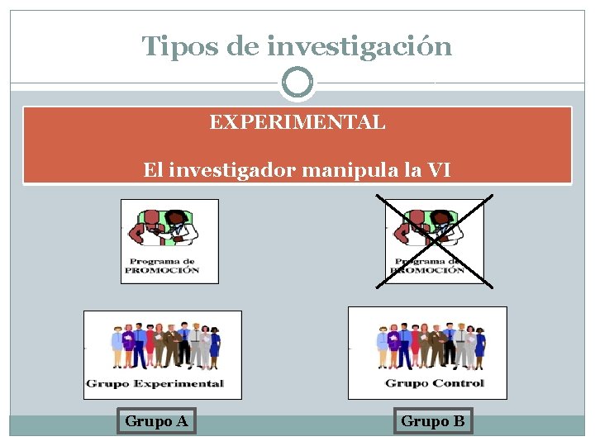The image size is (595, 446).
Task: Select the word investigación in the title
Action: click(x=359, y=46)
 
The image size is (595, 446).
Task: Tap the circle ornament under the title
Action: click(x=297, y=83)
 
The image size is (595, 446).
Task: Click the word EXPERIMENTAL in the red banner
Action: click(x=297, y=123)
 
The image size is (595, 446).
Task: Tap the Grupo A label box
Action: click(x=156, y=421)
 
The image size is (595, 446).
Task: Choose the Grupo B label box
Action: click(x=433, y=421)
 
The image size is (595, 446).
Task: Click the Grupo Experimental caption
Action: click(x=155, y=383)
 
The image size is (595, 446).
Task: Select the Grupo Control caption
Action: click(x=435, y=382)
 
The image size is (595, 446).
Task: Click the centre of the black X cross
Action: click(x=435, y=240)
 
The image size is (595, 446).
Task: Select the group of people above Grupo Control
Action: click(x=431, y=345)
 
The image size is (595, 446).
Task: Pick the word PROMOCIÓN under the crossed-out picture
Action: click(x=428, y=270)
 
